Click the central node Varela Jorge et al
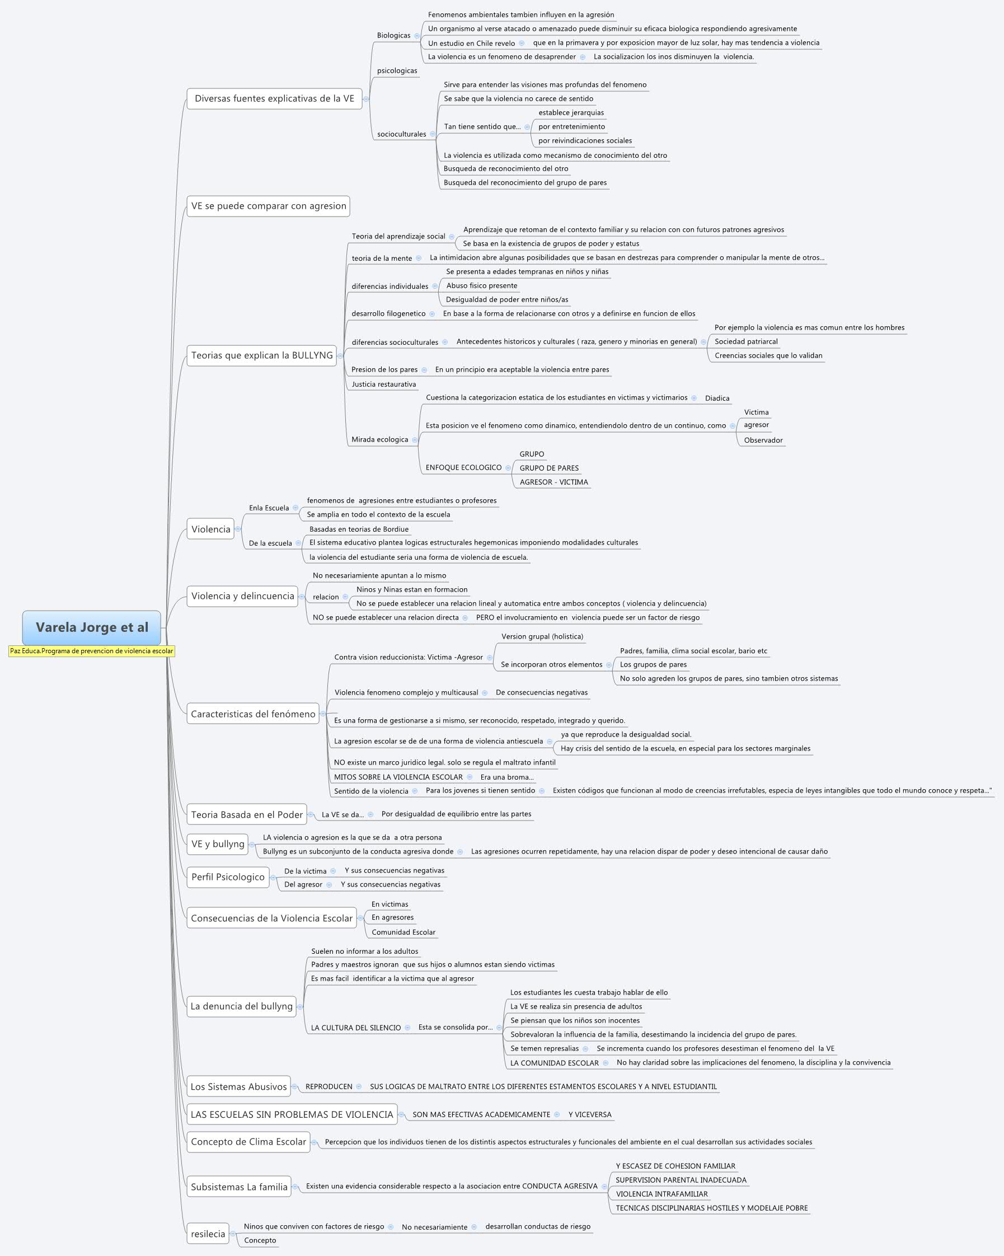point(91,627)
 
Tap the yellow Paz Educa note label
point(91,652)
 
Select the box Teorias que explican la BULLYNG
point(261,355)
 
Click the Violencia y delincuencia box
point(242,596)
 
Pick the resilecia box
point(207,1234)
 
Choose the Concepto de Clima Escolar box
point(248,1142)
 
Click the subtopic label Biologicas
point(393,35)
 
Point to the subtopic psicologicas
point(397,71)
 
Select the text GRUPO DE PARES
point(548,468)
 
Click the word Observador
point(763,440)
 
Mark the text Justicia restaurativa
point(383,385)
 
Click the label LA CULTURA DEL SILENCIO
point(355,1028)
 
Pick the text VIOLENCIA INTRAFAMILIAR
point(661,1194)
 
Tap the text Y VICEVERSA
point(589,1115)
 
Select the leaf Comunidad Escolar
point(403,932)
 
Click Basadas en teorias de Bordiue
point(359,529)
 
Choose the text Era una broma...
point(506,777)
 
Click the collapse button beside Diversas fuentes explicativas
point(365,99)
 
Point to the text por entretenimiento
point(571,127)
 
